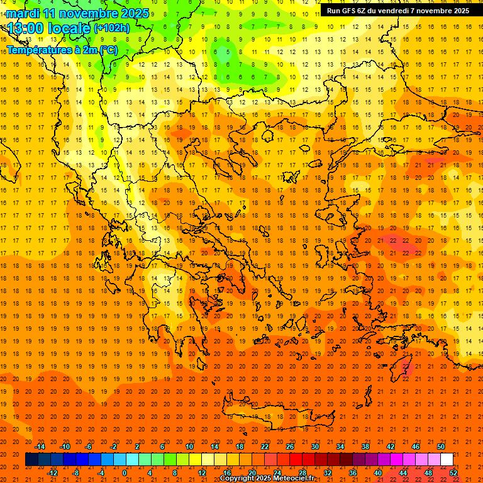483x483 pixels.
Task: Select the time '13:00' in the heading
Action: [x=25, y=28]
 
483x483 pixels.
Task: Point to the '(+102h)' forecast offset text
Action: [x=112, y=28]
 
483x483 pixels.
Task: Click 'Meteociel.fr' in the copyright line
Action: [x=286, y=479]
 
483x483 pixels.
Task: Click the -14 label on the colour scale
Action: [x=40, y=447]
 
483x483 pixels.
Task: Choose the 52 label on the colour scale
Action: [x=454, y=472]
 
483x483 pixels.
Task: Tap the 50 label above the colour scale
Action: [x=440, y=447]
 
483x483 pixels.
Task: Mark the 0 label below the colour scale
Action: [x=124, y=472]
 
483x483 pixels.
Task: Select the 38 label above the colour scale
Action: [x=365, y=447]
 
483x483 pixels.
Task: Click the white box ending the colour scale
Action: [x=447, y=460]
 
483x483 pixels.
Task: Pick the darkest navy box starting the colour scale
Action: [x=31, y=460]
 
